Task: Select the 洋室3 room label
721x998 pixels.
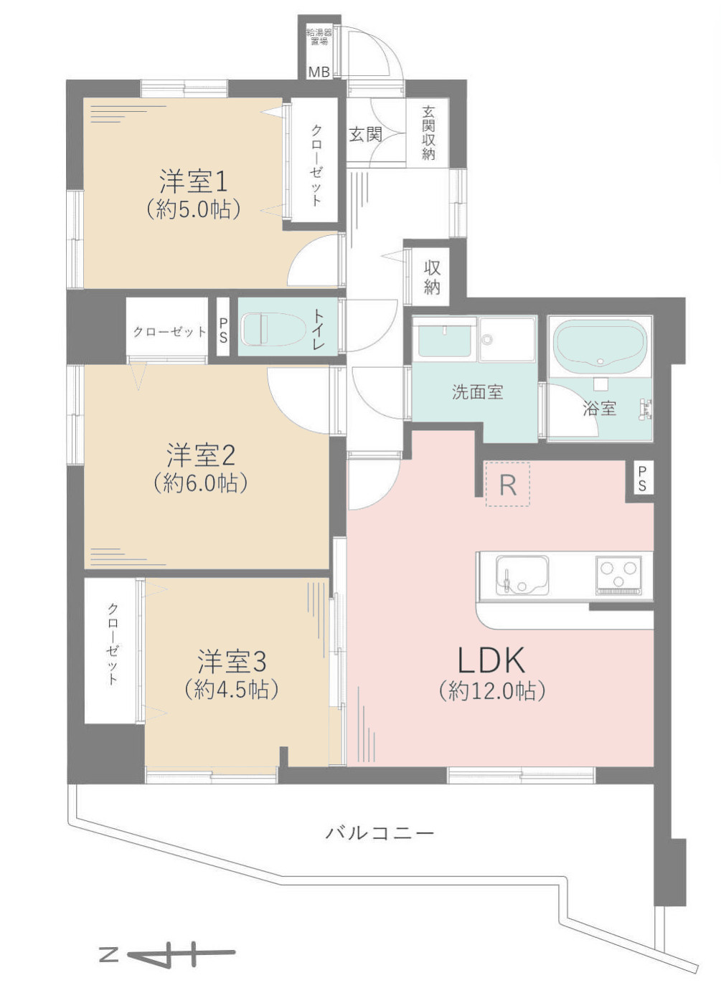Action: click(x=232, y=661)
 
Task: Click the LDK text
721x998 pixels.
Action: click(x=492, y=659)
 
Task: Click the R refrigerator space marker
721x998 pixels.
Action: click(x=507, y=485)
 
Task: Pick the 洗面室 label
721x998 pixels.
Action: click(x=477, y=392)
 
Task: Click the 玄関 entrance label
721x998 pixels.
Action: click(x=365, y=134)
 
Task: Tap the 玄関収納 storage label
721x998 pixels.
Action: click(x=428, y=133)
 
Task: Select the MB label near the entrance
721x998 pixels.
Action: click(x=319, y=72)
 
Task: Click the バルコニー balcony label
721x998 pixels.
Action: click(x=380, y=833)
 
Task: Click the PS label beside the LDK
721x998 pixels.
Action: click(x=641, y=478)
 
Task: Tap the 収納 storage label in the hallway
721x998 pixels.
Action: click(x=432, y=277)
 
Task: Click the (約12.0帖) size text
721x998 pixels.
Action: click(x=492, y=690)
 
